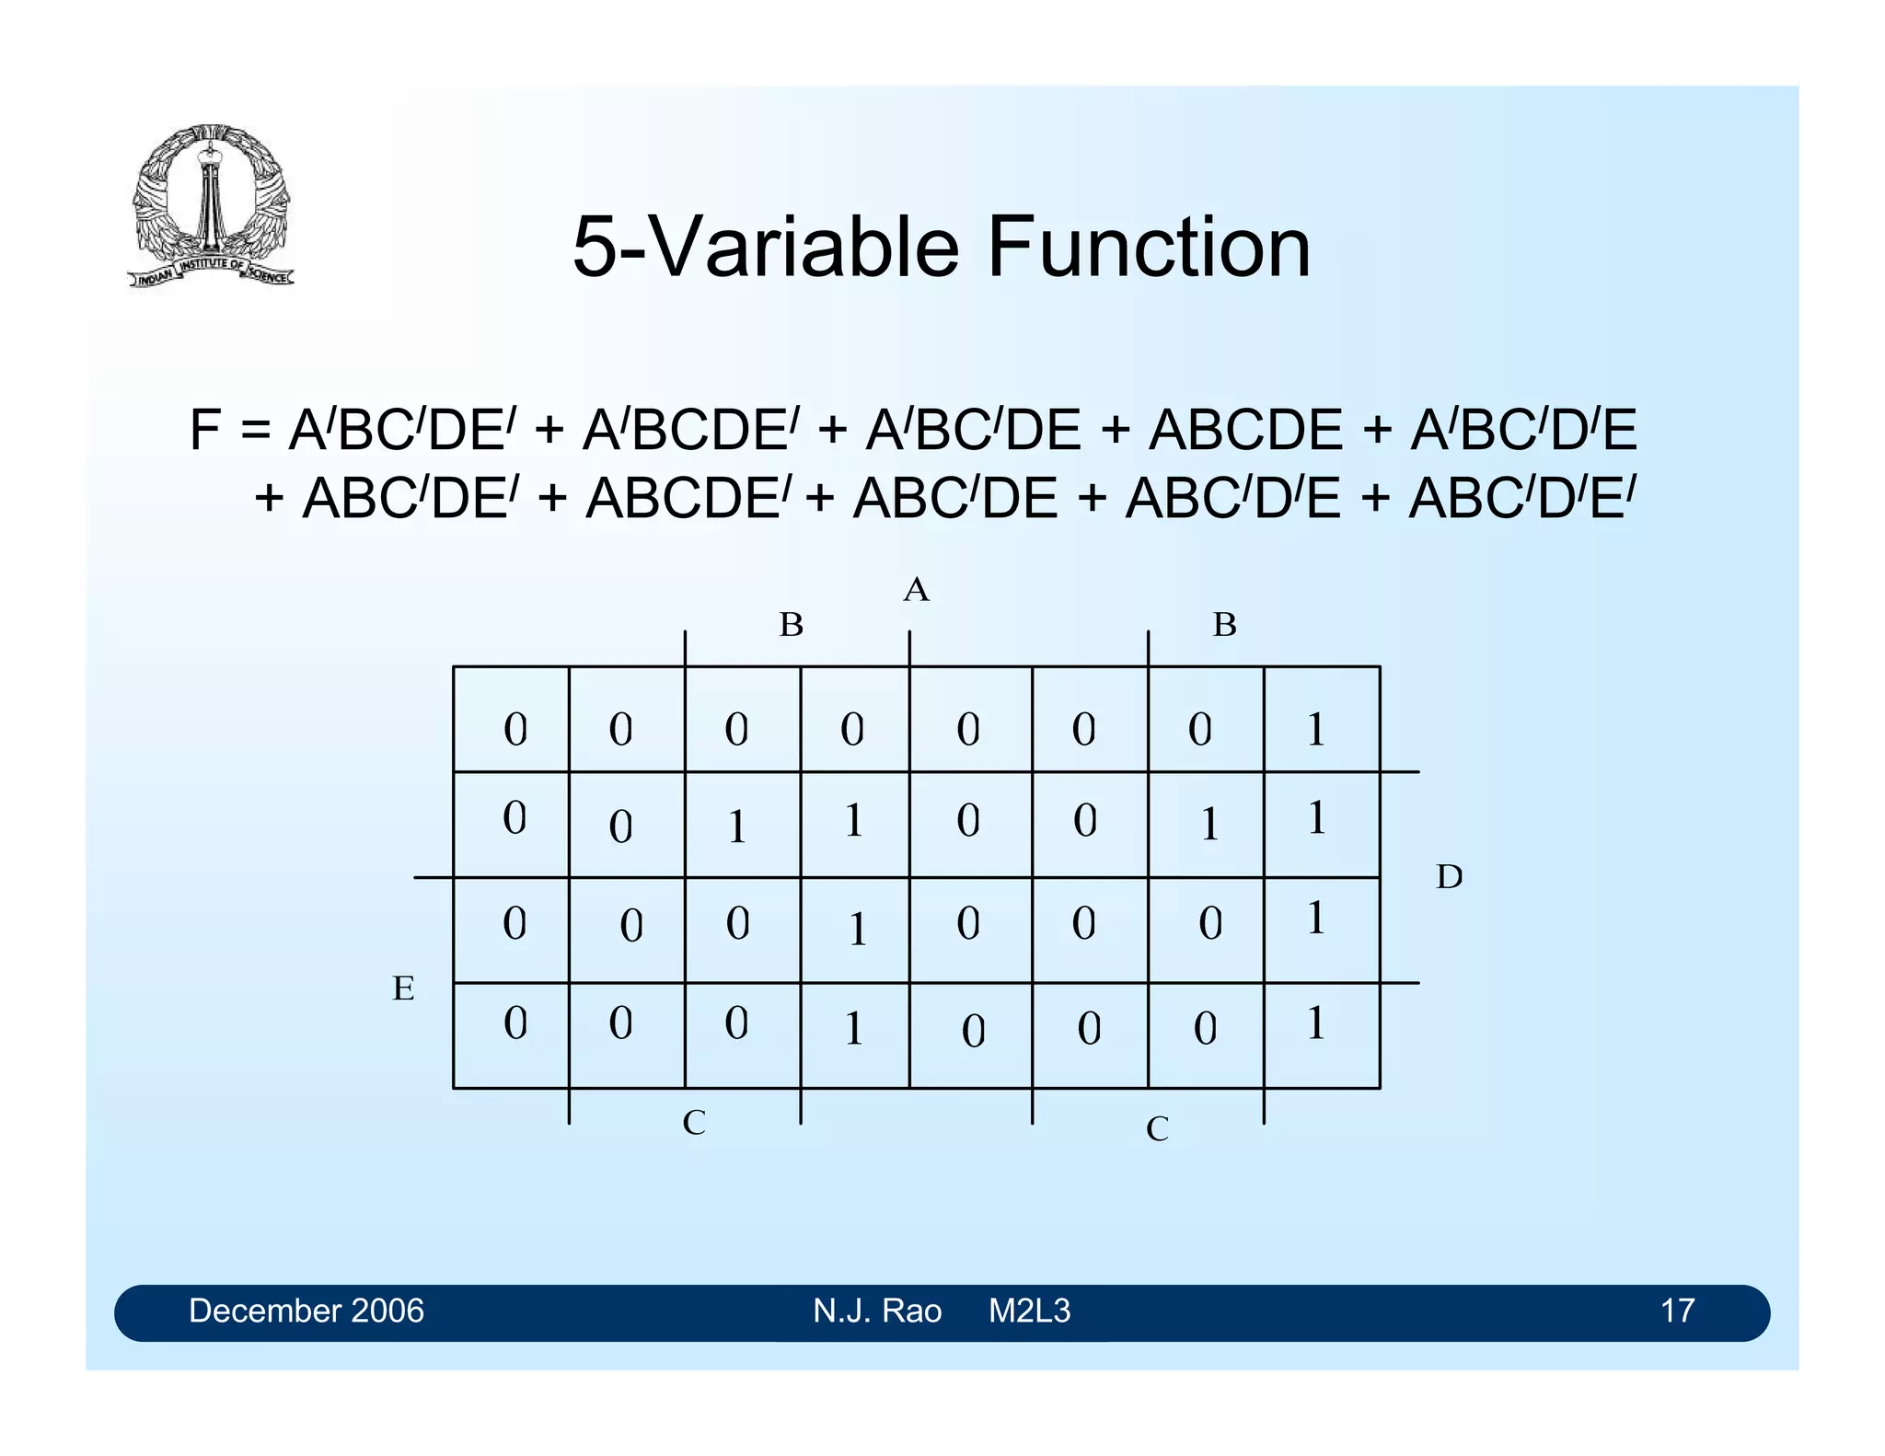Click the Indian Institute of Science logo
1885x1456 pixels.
pyautogui.click(x=212, y=205)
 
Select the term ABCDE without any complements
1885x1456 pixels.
pyautogui.click(x=1245, y=430)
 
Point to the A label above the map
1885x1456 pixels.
pyautogui.click(x=916, y=590)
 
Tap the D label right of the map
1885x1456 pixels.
pyautogui.click(x=1449, y=877)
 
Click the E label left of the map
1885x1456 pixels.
pyautogui.click(x=403, y=988)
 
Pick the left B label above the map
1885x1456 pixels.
pyautogui.click(x=791, y=625)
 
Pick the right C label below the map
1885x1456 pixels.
pyautogui.click(x=1157, y=1129)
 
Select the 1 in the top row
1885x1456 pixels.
pyautogui.click(x=1316, y=729)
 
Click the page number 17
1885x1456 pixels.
pyautogui.click(x=1677, y=1311)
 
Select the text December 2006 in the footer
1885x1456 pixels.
pyautogui.click(x=306, y=1311)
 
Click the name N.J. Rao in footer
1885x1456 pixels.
pyautogui.click(x=876, y=1311)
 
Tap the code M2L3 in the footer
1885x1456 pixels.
pyautogui.click(x=1029, y=1311)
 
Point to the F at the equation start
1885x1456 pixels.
pyautogui.click(x=204, y=430)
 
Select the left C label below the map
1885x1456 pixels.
pyautogui.click(x=694, y=1123)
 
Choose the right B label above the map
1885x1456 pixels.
pyautogui.click(x=1224, y=625)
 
